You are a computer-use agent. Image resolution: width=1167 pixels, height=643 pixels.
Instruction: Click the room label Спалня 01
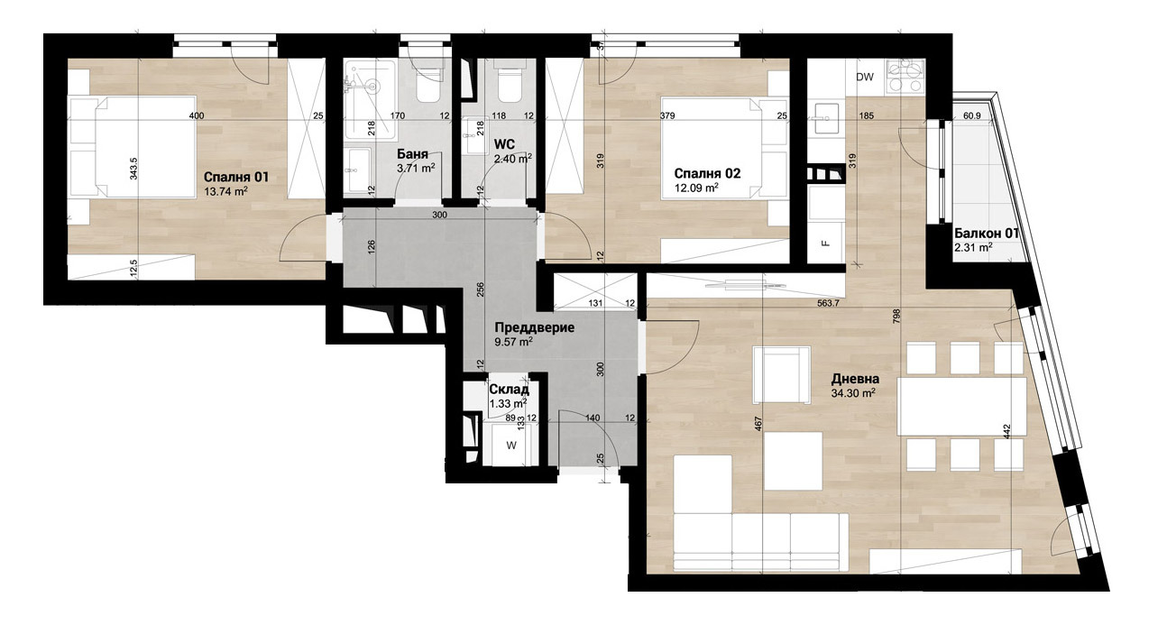[x=236, y=177]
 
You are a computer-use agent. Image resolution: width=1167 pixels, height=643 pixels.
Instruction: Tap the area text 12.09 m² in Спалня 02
[x=696, y=188]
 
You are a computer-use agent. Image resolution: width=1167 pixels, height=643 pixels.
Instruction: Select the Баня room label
[x=412, y=153]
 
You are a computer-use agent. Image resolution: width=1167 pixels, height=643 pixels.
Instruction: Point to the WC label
[x=504, y=144]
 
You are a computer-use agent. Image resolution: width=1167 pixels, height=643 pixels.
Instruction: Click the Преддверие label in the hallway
[x=534, y=328]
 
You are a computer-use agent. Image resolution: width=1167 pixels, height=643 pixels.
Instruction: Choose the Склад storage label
[x=502, y=390]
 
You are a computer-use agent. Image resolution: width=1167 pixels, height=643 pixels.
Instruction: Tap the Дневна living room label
[x=855, y=380]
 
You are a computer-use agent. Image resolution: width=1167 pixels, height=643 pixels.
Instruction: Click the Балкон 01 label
[x=987, y=233]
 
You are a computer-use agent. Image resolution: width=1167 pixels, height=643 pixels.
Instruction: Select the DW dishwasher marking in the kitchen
[x=864, y=78]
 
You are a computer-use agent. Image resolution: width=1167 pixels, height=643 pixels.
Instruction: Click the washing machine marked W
[x=510, y=446]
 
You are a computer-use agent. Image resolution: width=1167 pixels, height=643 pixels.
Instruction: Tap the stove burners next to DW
[x=905, y=76]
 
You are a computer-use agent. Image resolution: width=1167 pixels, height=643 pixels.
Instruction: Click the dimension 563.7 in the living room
[x=826, y=304]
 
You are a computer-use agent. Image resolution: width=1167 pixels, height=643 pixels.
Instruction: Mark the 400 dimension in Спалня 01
[x=198, y=116]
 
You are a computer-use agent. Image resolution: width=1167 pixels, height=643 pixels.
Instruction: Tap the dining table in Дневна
[x=962, y=406]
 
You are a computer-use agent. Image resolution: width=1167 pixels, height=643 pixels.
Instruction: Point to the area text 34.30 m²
[x=852, y=394]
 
